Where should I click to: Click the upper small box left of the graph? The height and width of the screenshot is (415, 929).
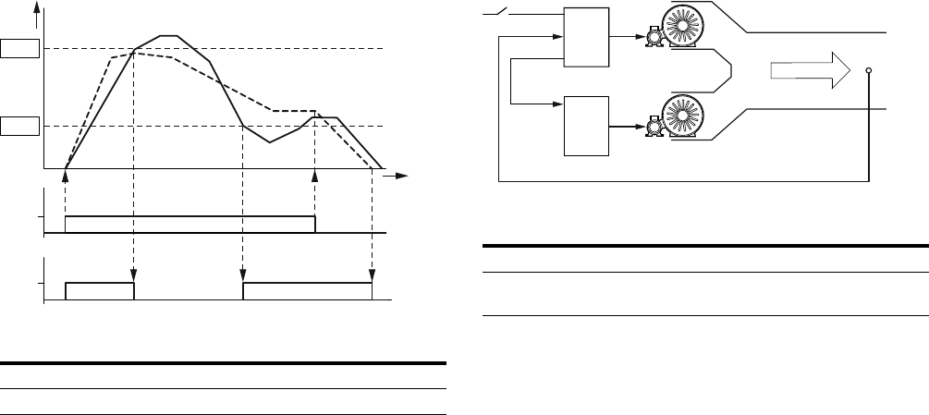pyautogui.click(x=19, y=48)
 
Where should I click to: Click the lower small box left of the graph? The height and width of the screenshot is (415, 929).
pyautogui.click(x=19, y=126)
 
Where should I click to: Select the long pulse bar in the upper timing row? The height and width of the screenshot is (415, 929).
pyautogui.click(x=189, y=224)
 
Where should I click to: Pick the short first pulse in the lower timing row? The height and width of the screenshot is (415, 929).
pyautogui.click(x=100, y=291)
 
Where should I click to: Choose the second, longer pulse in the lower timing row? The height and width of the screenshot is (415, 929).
pyautogui.click(x=307, y=291)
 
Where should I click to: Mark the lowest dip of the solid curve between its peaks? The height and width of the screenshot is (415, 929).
pyautogui.click(x=269, y=141)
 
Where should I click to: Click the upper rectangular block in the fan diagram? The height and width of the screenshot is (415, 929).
pyautogui.click(x=587, y=36)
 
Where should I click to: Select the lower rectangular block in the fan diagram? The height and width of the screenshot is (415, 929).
pyautogui.click(x=587, y=126)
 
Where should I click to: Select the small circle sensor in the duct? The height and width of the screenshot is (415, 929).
pyautogui.click(x=869, y=70)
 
